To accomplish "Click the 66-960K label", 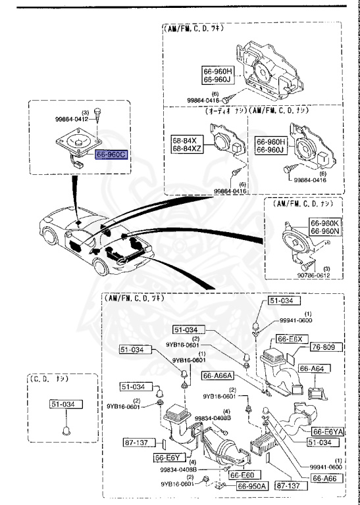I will (x=324, y=224).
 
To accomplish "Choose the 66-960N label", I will (x=324, y=232).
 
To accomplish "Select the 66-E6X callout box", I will (x=290, y=339).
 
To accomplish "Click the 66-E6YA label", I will (x=327, y=431).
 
